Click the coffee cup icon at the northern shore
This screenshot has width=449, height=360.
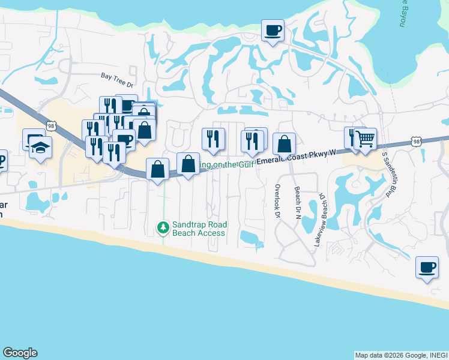(273, 30)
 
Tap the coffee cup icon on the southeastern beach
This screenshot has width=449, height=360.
(427, 267)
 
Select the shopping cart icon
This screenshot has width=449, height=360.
(365, 139)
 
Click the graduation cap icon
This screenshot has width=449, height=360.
(41, 148)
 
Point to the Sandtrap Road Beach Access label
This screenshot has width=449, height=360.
(199, 229)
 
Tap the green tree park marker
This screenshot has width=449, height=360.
(162, 227)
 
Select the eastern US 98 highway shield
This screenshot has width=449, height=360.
(416, 142)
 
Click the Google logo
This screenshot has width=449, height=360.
(20, 353)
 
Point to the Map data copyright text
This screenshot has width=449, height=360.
(401, 355)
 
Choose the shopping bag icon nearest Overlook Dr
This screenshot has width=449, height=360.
(285, 144)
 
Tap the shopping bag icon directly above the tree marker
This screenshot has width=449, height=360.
(157, 169)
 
